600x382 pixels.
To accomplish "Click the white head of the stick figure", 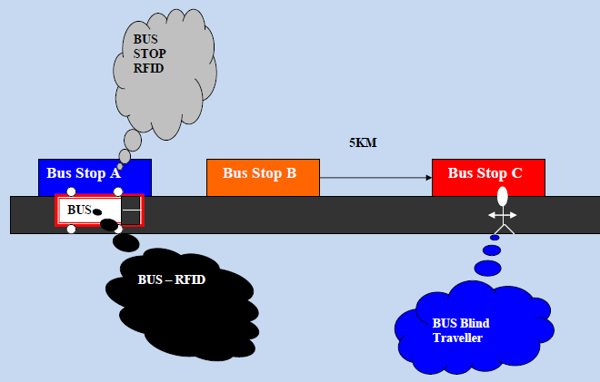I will click(503, 196).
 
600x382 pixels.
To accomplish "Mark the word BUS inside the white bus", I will click(79, 210).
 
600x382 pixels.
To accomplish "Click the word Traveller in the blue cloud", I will click(457, 338).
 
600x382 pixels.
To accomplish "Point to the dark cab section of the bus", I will click(131, 211).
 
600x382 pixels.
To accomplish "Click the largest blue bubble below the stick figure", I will click(488, 268).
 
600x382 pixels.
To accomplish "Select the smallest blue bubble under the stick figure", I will click(495, 238).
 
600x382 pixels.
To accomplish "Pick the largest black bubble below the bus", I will click(125, 242).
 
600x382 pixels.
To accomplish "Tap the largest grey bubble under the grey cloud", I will click(132, 140).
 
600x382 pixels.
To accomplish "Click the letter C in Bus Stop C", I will click(517, 173).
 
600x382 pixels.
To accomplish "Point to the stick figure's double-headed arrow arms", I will click(503, 215).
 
